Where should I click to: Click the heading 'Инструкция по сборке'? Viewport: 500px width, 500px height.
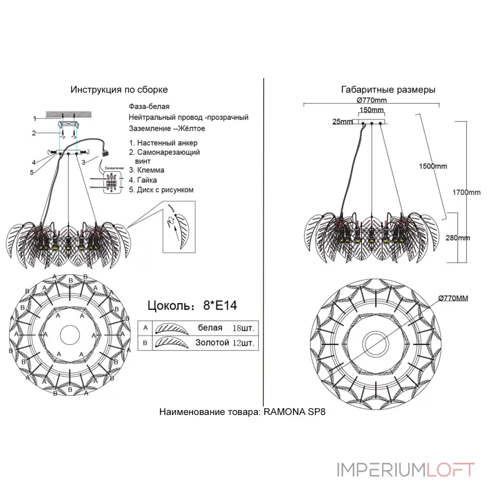(119, 89)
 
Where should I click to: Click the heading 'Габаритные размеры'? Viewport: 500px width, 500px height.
(388, 89)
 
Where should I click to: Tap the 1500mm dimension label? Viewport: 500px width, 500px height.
(433, 166)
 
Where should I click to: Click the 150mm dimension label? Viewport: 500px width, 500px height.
(372, 110)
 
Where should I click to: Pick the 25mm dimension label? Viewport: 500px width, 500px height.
(342, 121)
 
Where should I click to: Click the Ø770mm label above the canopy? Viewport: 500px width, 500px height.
(372, 101)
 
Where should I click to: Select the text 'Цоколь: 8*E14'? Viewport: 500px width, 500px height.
(192, 306)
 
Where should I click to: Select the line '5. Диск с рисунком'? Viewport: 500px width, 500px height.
(161, 189)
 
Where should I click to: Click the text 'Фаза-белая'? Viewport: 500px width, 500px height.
(149, 107)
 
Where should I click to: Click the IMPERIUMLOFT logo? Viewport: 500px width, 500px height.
(406, 469)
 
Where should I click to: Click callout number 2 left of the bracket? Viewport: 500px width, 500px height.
(36, 132)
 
